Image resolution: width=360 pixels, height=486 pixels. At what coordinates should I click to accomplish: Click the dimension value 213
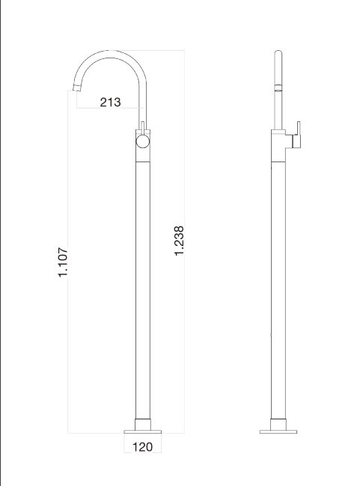coord(110,102)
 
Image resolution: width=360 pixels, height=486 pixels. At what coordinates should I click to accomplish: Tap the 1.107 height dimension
coord(64,262)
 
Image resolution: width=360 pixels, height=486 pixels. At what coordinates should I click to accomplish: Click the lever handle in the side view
coord(297,135)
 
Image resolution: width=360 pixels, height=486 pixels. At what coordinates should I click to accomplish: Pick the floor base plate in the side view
coord(278,431)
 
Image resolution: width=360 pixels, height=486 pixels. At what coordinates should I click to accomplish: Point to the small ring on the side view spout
coord(278,88)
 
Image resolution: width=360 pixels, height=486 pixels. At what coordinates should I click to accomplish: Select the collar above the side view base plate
coord(278,420)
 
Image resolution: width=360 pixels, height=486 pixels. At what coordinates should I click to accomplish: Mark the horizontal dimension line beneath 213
coord(110,111)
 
